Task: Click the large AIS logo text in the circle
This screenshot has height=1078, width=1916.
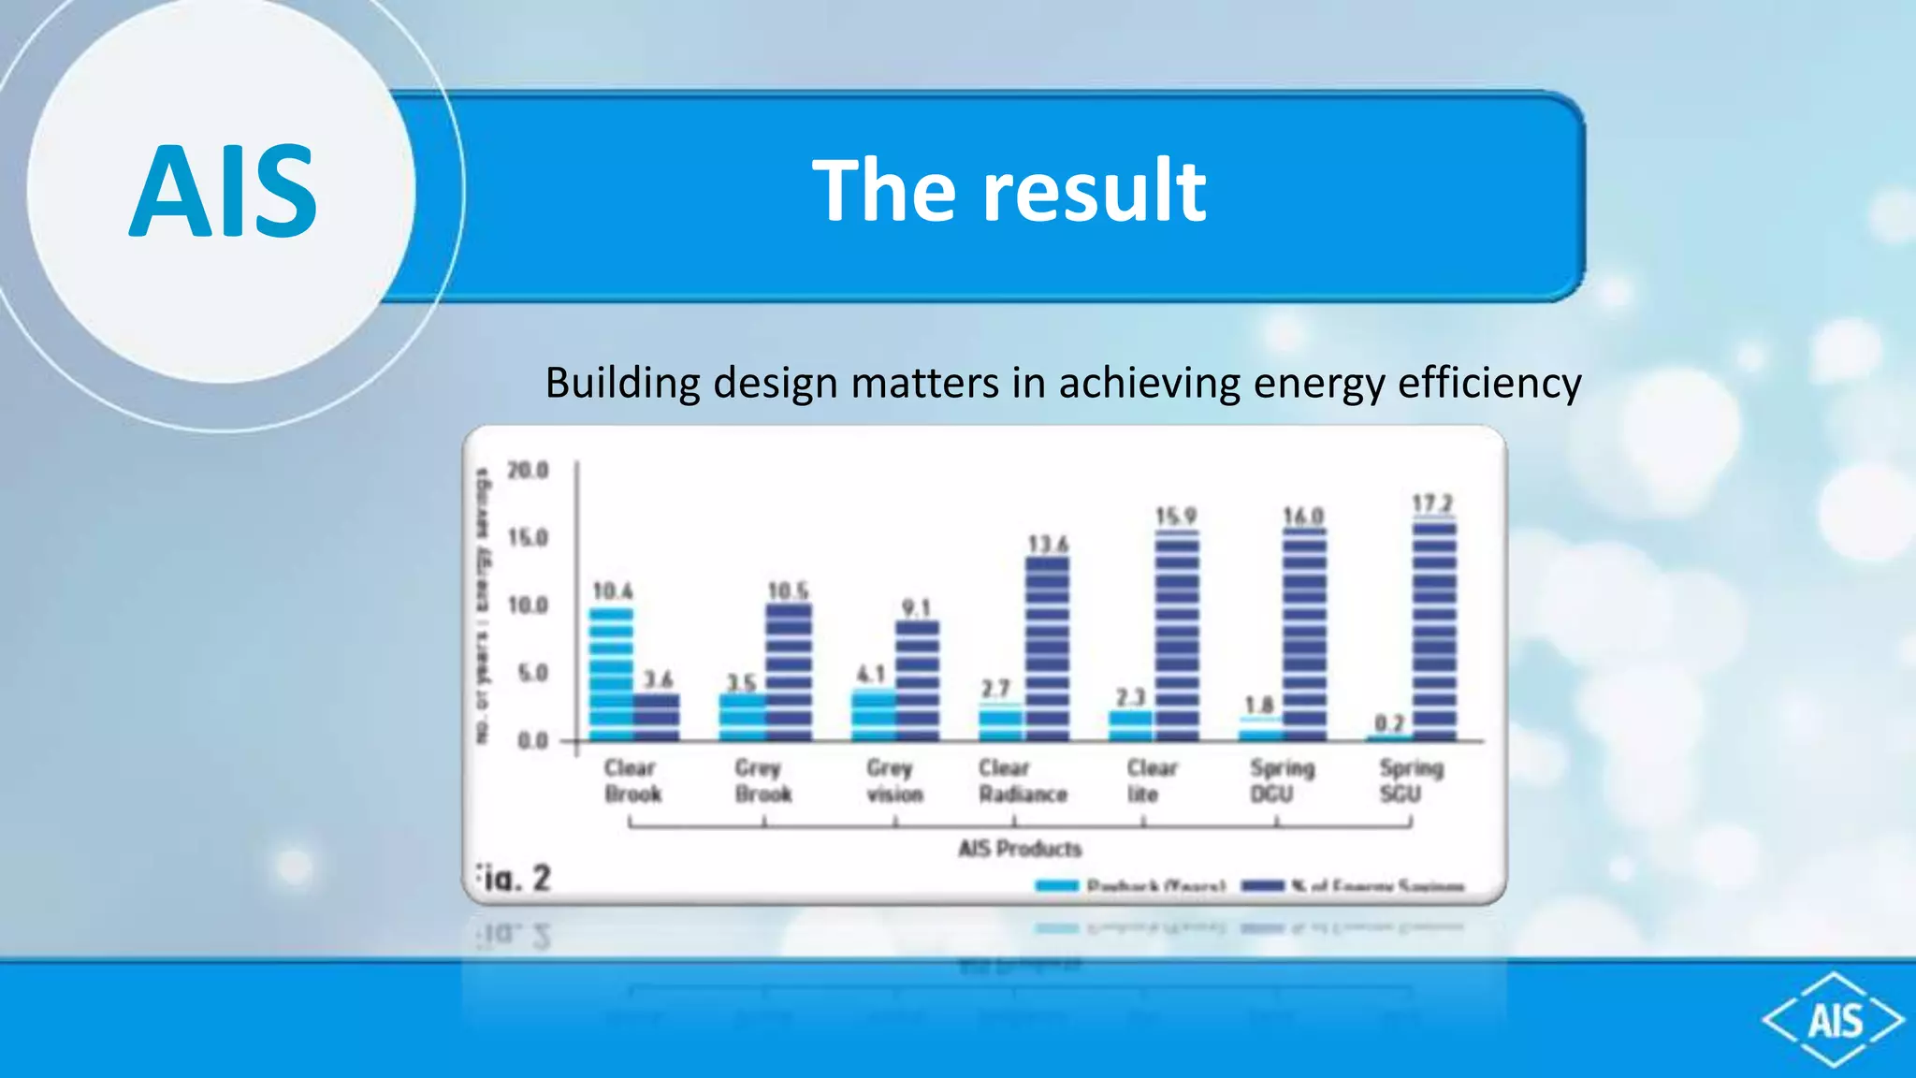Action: click(223, 191)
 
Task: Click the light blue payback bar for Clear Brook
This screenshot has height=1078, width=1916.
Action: click(611, 674)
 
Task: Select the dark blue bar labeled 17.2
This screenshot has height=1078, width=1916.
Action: click(1433, 632)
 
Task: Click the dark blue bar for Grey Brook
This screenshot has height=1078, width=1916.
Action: click(788, 672)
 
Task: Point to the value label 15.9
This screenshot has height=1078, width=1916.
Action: click(1175, 517)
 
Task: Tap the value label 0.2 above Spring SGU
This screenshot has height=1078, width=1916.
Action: click(1389, 723)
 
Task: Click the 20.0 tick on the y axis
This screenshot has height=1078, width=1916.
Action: click(528, 470)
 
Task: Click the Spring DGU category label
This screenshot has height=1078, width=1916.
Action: click(1282, 780)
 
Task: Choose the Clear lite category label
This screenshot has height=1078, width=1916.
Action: click(1151, 780)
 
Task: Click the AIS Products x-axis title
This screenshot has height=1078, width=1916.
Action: click(1020, 849)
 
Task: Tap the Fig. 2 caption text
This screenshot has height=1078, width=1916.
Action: click(514, 879)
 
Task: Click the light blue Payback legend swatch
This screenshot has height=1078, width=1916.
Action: click(1057, 885)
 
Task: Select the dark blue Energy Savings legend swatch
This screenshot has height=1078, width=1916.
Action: click(1262, 885)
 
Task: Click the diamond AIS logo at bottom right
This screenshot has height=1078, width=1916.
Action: click(1834, 1019)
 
